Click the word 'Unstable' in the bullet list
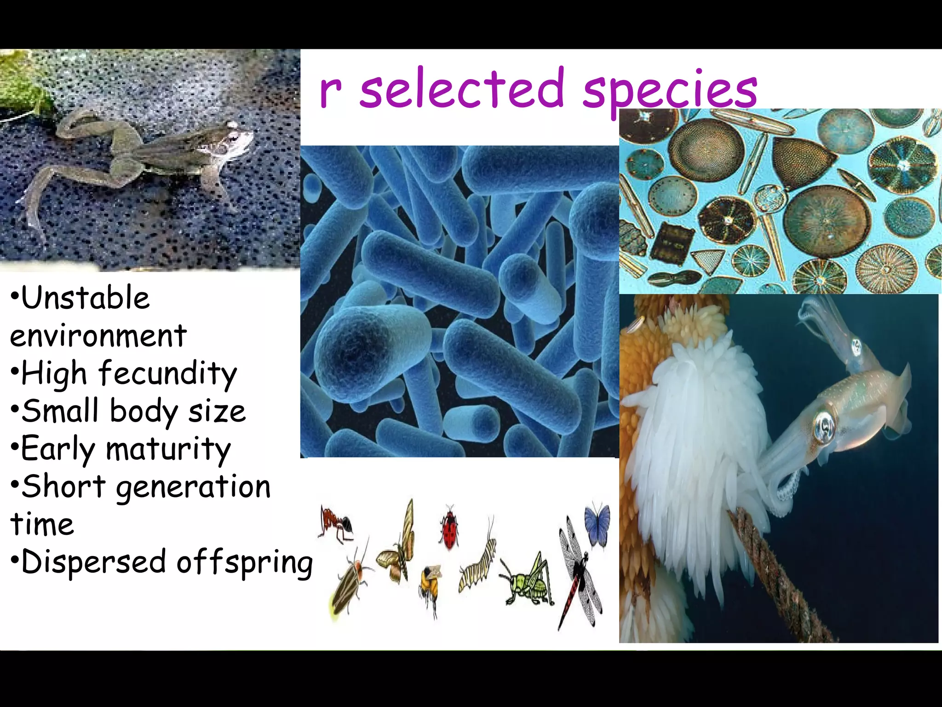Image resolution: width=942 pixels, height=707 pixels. point(86,298)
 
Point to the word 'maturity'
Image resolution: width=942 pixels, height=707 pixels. point(168,449)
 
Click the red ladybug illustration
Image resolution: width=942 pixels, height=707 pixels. point(449,527)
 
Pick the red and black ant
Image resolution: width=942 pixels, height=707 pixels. point(336,523)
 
